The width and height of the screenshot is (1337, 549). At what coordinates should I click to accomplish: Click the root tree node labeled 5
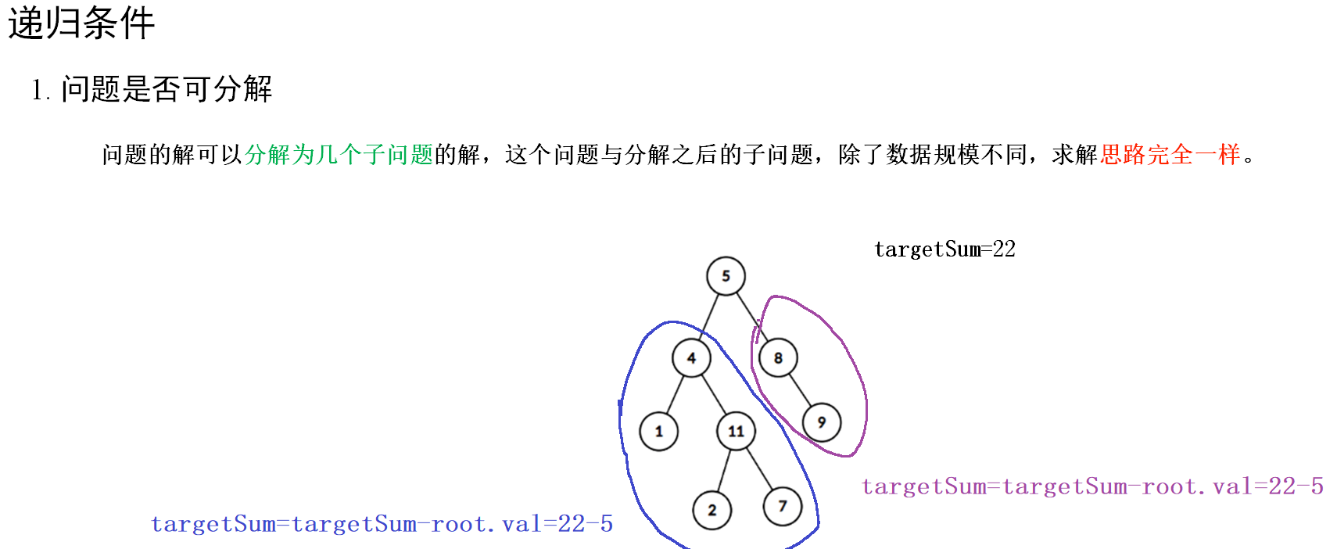coord(726,276)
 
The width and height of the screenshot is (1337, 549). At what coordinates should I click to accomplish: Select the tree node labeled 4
coord(691,358)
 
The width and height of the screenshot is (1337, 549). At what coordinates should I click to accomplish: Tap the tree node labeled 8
coord(778,358)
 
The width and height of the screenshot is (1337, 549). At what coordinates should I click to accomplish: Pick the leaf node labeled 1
coord(658,432)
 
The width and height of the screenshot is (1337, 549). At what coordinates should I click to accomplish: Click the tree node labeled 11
coord(736,432)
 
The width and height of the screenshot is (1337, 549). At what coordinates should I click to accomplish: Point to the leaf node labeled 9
coord(821,422)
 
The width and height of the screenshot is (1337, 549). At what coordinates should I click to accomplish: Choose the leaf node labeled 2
coord(712,511)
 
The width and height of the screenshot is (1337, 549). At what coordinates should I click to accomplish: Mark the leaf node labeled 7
coord(783,506)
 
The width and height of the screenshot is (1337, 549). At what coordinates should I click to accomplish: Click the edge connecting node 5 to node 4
coord(710,315)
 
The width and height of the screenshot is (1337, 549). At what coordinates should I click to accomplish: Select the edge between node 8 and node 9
coord(800,390)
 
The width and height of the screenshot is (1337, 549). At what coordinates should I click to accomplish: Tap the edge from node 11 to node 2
coord(724,471)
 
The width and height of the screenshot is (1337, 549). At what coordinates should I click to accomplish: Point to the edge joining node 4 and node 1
coord(675,395)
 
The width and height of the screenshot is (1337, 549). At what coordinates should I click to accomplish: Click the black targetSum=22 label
coord(945,249)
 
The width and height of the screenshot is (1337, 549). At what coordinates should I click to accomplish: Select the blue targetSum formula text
coord(382,524)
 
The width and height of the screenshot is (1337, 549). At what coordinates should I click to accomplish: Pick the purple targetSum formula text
coord(1092,486)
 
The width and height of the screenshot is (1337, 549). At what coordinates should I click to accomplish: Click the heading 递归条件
coord(81,23)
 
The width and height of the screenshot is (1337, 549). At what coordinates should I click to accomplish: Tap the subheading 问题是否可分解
coord(166,89)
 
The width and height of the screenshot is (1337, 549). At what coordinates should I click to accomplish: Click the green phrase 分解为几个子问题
coord(339,155)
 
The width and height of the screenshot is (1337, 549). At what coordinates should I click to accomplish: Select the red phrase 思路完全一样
coord(1170,155)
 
